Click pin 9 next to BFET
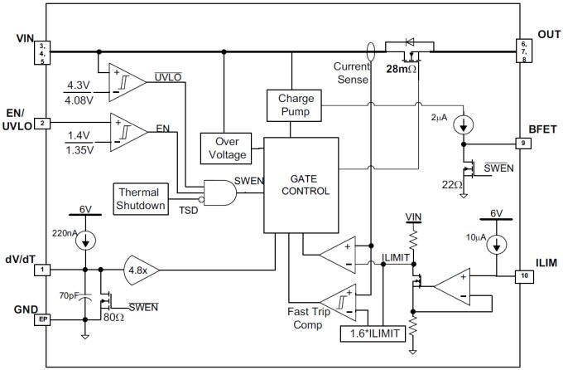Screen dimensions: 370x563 [523, 143]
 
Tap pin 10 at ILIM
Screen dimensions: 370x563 [523, 276]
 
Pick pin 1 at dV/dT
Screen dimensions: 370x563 [42, 270]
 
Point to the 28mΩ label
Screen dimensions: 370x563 [402, 71]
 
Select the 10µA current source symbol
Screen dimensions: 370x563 [496, 246]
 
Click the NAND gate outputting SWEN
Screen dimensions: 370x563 [218, 192]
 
